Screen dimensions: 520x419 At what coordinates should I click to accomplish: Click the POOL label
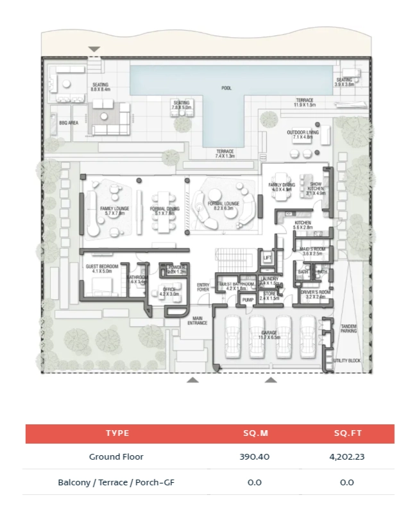click(x=227, y=88)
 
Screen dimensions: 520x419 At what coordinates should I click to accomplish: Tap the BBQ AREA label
click(x=68, y=121)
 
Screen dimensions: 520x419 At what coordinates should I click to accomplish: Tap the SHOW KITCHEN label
click(x=316, y=187)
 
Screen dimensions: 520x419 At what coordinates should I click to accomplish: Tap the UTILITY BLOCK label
click(x=347, y=361)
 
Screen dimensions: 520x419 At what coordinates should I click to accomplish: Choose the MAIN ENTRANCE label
click(x=198, y=320)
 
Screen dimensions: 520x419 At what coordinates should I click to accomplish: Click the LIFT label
click(x=268, y=258)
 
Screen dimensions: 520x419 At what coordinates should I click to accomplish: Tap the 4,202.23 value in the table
click(x=347, y=457)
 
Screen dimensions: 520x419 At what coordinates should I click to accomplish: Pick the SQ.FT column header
click(x=347, y=433)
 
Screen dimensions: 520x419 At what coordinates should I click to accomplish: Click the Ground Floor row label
click(x=116, y=457)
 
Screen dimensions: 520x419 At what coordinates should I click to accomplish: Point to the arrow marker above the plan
click(x=94, y=49)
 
